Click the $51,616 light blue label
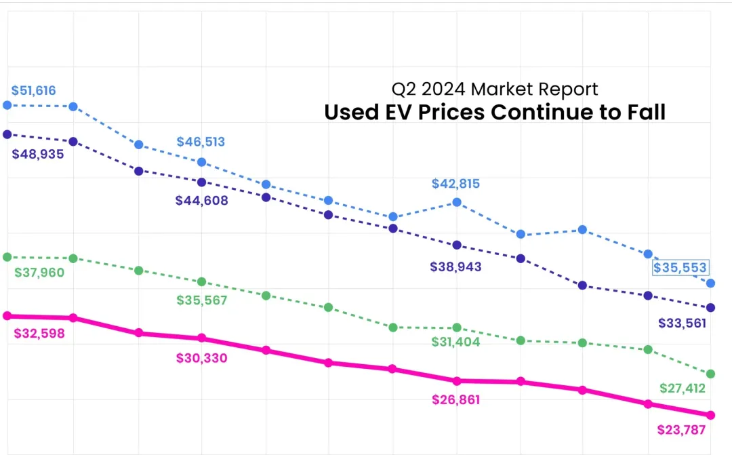pyautogui.click(x=34, y=90)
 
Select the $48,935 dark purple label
pyautogui.click(x=38, y=154)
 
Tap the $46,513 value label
pyautogui.click(x=201, y=142)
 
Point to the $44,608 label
pyautogui.click(x=201, y=200)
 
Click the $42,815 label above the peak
pyautogui.click(x=455, y=184)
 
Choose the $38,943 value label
pyautogui.click(x=455, y=267)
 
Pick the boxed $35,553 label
pyautogui.click(x=680, y=267)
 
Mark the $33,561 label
pyautogui.click(x=682, y=323)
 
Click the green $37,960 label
pyautogui.click(x=39, y=273)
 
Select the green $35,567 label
pyautogui.click(x=201, y=300)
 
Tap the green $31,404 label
pyautogui.click(x=455, y=342)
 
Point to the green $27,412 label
pyautogui.click(x=683, y=389)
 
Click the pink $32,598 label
pyautogui.click(x=39, y=333)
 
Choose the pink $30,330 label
pyautogui.click(x=201, y=358)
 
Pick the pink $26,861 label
pyautogui.click(x=455, y=399)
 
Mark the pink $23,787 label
pyautogui.click(x=682, y=429)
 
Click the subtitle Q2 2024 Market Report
pyautogui.click(x=495, y=89)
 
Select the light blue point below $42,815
pyautogui.click(x=457, y=202)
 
